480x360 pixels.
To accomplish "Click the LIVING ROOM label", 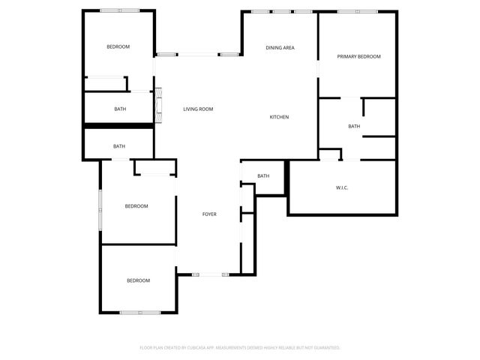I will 198,109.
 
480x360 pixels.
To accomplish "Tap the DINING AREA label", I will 280,48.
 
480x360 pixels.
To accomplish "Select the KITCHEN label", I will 279,117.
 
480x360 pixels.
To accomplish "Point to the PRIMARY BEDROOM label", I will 358,57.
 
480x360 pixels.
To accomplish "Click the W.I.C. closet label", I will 342,187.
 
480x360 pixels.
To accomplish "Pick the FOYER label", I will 209,214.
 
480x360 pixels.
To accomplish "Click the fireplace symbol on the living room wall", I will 158,105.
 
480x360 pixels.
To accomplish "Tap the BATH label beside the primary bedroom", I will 354,126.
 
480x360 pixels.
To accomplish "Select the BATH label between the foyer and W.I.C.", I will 263,176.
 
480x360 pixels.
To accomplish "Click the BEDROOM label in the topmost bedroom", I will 118,47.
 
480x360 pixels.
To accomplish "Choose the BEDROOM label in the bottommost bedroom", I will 138,280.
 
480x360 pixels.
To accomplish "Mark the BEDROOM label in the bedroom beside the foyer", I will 136,206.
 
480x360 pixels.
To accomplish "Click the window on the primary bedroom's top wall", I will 357,11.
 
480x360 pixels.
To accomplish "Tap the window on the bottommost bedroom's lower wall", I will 140,312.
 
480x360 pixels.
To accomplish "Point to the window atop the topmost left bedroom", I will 119,10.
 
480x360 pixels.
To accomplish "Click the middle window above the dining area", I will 282,11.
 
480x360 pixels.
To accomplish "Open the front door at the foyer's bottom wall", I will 210,274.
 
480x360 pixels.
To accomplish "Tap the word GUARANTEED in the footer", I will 325,348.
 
